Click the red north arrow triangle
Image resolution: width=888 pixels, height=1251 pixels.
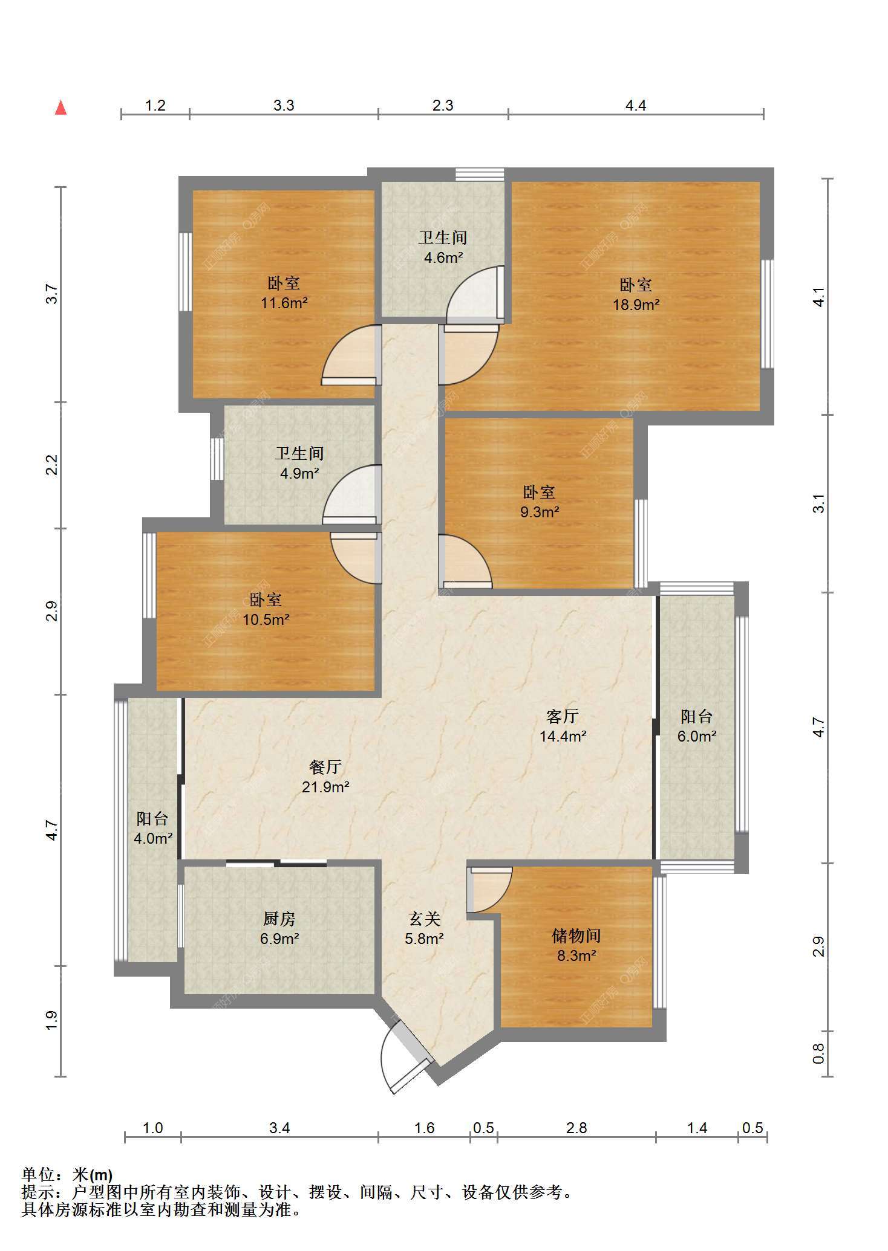pos(60,108)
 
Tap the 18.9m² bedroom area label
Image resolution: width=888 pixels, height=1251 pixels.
pos(636,295)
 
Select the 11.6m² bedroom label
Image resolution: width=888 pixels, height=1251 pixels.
pos(284,293)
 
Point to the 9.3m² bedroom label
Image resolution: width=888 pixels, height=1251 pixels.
pos(540,502)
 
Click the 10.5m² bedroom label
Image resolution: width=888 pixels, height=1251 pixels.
pos(266,610)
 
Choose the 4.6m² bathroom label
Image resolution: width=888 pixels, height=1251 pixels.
pos(443,248)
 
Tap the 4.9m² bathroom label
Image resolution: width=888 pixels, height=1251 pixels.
pos(299,464)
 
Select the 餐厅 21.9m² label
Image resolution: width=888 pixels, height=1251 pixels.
pos(326,777)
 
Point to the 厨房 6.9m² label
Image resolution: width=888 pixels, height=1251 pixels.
pos(279,929)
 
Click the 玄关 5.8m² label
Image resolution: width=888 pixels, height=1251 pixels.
pos(425,929)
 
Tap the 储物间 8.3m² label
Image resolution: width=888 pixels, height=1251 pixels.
pos(576,946)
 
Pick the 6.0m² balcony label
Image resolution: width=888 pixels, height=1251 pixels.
pos(697,726)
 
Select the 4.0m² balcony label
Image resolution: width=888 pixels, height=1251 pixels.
pos(154,829)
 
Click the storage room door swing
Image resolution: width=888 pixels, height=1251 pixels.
pos(490,890)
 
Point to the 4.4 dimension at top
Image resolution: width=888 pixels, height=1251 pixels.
pos(636,106)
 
